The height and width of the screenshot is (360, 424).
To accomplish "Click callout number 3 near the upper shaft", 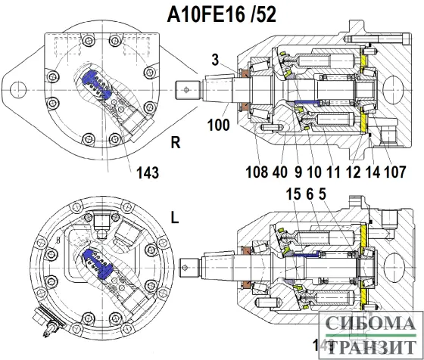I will click(x=215, y=58).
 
